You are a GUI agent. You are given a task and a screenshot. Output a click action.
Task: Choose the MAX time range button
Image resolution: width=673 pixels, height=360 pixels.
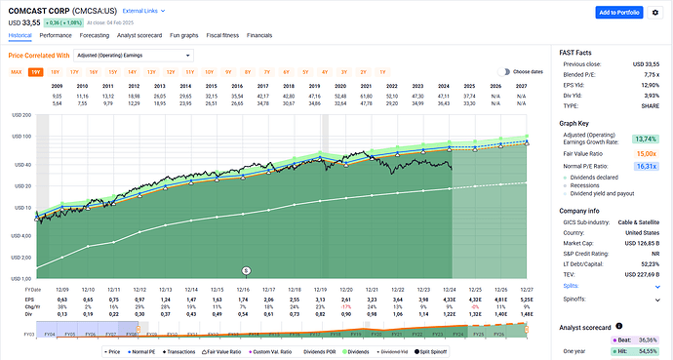point(17,72)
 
